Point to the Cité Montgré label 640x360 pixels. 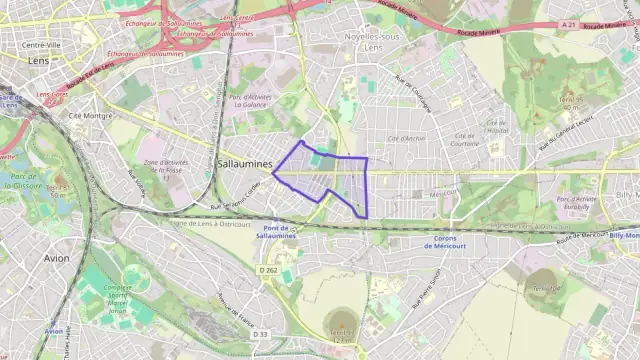click(89, 116)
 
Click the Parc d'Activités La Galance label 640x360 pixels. click(249, 102)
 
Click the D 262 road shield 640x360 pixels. click(267, 270)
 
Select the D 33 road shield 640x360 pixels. click(261, 333)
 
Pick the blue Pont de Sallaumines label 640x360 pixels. click(276, 232)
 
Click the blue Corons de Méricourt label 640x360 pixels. click(461, 243)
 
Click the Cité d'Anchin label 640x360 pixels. click(406, 138)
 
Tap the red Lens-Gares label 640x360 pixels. click(52, 95)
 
